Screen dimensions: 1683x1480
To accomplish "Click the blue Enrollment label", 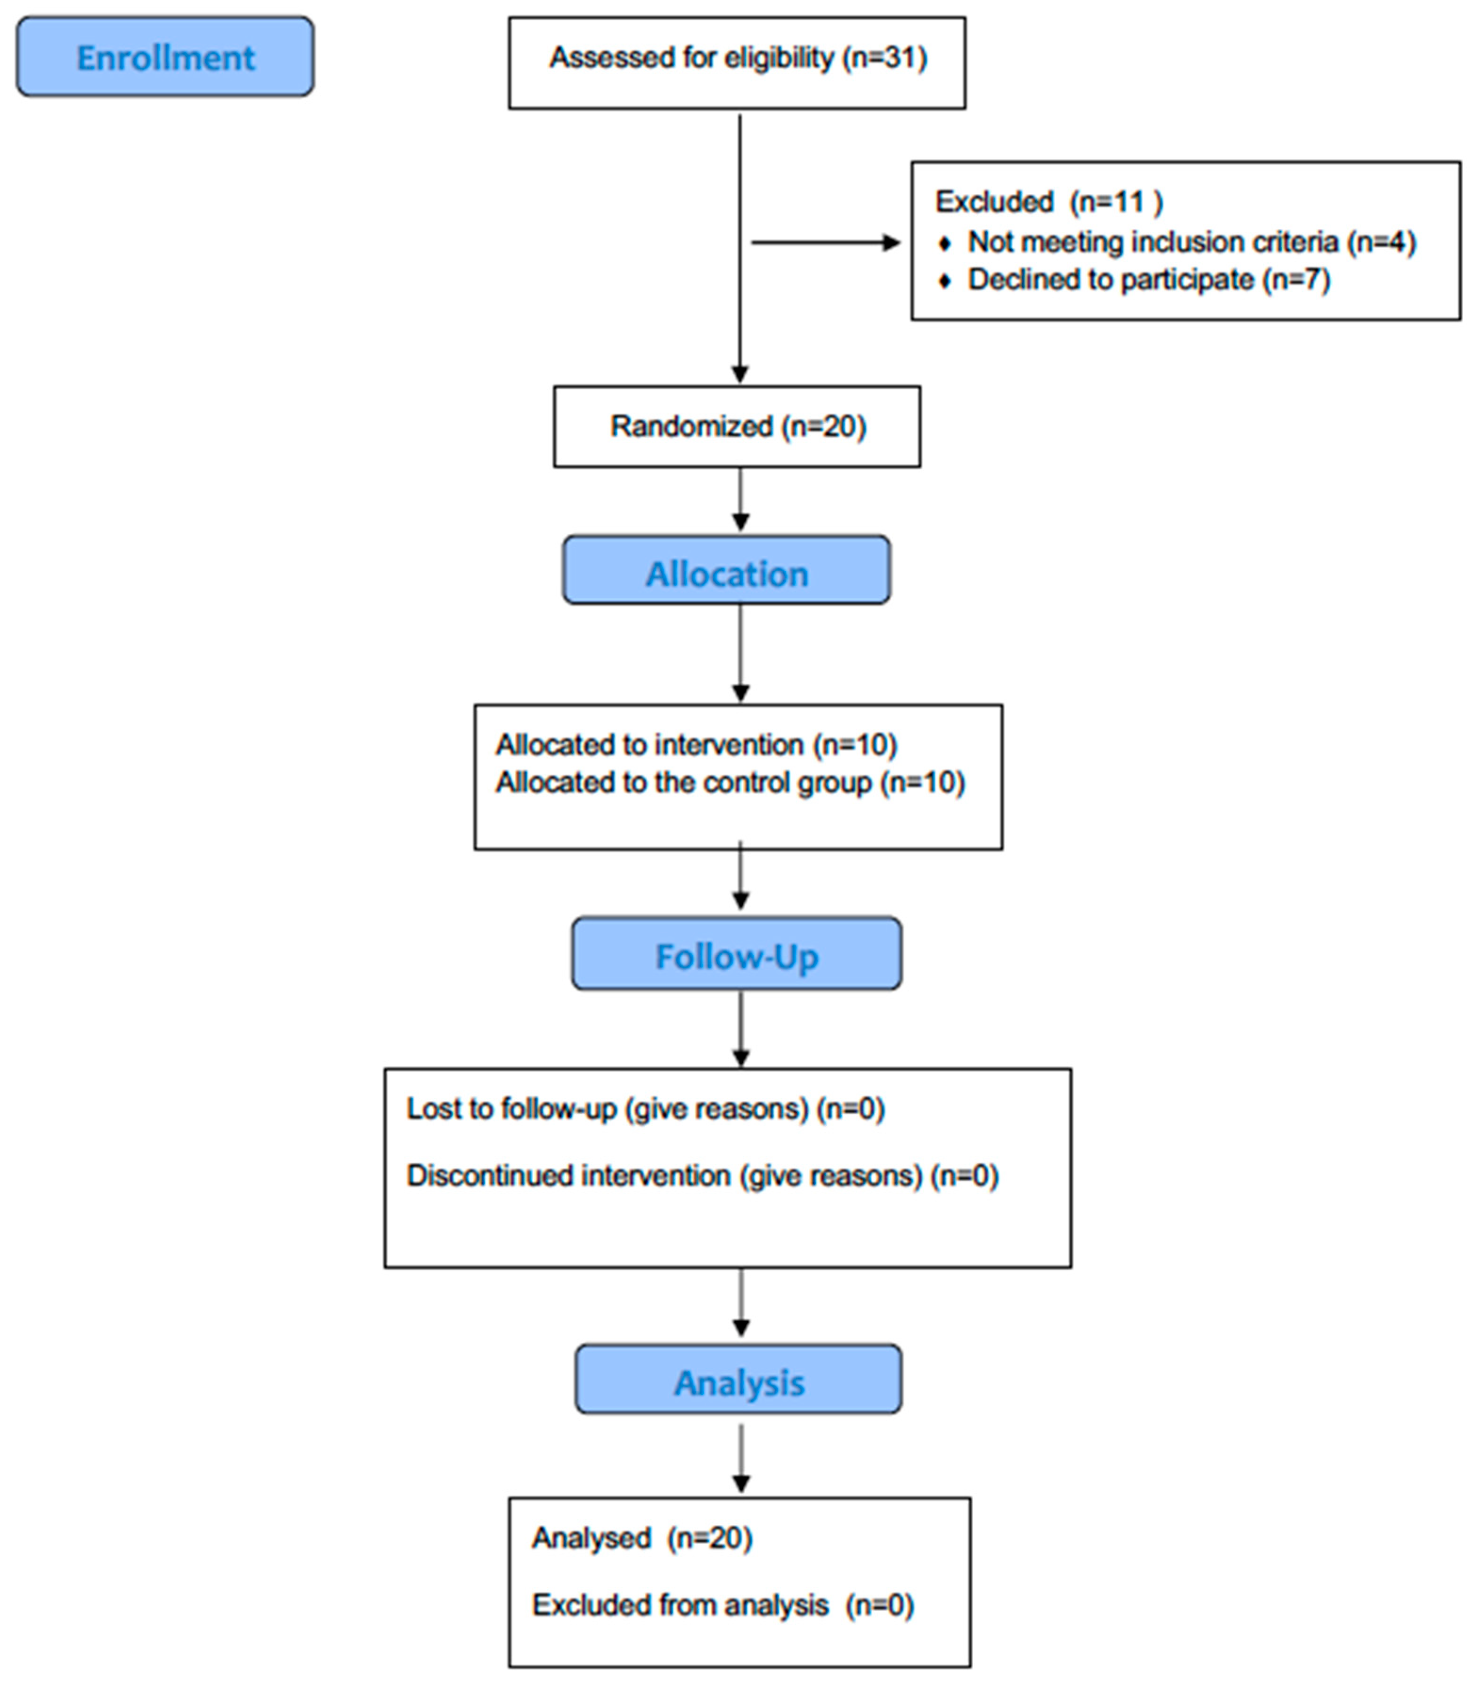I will coord(165,57).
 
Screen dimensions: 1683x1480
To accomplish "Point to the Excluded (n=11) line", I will coord(1049,202).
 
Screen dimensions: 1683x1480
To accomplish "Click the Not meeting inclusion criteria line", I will coord(1191,242).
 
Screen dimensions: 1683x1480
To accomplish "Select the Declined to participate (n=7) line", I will coord(1148,280).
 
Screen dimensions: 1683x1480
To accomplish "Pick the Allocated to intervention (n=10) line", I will coord(696,744).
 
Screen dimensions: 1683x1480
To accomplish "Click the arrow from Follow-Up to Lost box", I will coord(740,1029).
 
